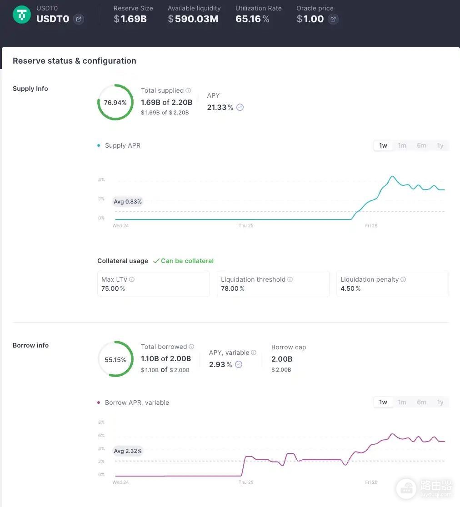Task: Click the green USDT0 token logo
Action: pyautogui.click(x=22, y=15)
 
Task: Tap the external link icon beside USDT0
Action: pyautogui.click(x=78, y=19)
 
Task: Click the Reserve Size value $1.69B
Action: pyautogui.click(x=130, y=19)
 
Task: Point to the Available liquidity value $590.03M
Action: pyautogui.click(x=193, y=19)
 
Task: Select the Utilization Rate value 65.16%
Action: pyautogui.click(x=252, y=19)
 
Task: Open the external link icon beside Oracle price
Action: pyautogui.click(x=333, y=19)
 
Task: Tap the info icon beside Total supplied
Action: pyautogui.click(x=188, y=90)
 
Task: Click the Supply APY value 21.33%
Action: pyautogui.click(x=220, y=107)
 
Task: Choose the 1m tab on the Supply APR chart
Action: pyautogui.click(x=402, y=145)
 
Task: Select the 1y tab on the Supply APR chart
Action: pyautogui.click(x=440, y=145)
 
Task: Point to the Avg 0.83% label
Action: pyautogui.click(x=128, y=201)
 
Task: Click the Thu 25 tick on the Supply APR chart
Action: pyautogui.click(x=246, y=226)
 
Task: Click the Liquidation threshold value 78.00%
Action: pyautogui.click(x=233, y=288)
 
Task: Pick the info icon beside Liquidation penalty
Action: pyautogui.click(x=403, y=279)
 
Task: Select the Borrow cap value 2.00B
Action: pyautogui.click(x=282, y=359)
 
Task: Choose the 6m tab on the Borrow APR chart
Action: pyautogui.click(x=421, y=402)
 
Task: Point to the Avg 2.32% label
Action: pyautogui.click(x=128, y=451)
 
